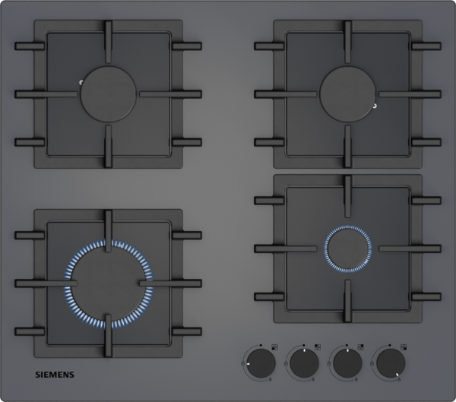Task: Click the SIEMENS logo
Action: pyautogui.click(x=55, y=375)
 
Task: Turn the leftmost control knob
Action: pyautogui.click(x=261, y=363)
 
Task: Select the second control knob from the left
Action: pyautogui.click(x=304, y=363)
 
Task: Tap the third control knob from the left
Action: pyautogui.click(x=347, y=363)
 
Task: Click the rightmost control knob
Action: pyautogui.click(x=391, y=363)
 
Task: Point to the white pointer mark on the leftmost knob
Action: pyautogui.click(x=248, y=363)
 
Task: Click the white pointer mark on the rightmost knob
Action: pyautogui.click(x=397, y=375)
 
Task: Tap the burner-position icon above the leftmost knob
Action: pyautogui.click(x=274, y=347)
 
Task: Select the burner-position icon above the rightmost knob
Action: pyautogui.click(x=404, y=347)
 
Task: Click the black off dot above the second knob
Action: pyautogui.click(x=303, y=345)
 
